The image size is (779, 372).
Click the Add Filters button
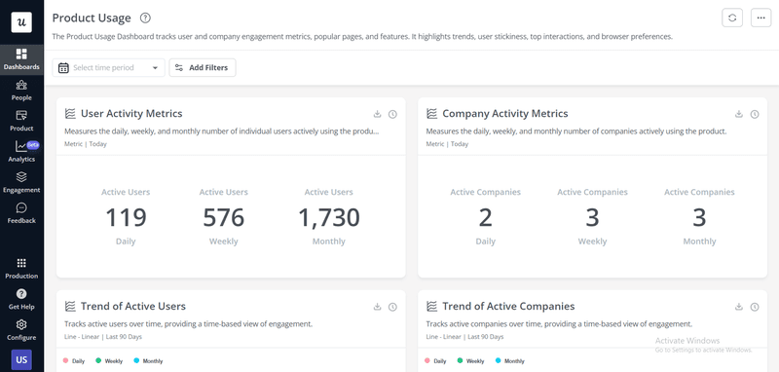203,67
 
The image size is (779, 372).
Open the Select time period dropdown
109,68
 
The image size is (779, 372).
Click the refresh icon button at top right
732,19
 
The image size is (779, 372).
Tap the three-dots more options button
760,19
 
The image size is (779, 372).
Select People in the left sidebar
21,91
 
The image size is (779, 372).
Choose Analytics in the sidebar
21,152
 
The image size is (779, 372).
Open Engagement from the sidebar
21,182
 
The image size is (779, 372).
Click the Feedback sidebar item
21,213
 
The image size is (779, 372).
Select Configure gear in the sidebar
21,329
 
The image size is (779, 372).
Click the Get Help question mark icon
21,299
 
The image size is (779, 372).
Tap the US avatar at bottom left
21,360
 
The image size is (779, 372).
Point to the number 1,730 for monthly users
328,217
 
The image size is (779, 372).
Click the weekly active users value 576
223,217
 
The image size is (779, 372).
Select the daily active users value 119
126,217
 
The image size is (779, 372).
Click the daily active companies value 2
485,217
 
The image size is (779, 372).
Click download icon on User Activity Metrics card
376,114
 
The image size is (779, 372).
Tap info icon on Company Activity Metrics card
755,114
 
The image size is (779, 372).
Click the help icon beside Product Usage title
145,18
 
